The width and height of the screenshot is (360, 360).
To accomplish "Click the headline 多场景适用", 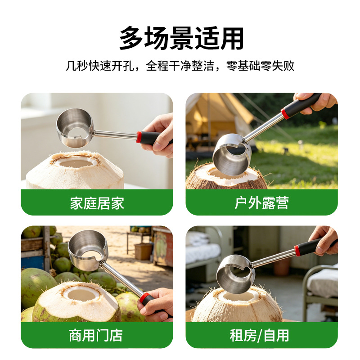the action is coord(181,38).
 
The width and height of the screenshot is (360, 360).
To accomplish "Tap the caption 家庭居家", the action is coord(97,203).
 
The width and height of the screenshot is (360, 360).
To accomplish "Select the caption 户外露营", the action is coord(261,203).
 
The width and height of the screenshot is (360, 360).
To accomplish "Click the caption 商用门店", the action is coord(96,335).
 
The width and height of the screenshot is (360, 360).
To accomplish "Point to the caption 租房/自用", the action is coord(260,335).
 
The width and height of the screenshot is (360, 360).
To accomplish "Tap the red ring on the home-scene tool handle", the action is coord(139,137).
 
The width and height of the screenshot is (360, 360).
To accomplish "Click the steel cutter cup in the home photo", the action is coord(75,128).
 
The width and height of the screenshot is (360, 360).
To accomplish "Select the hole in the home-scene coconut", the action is coord(76,163).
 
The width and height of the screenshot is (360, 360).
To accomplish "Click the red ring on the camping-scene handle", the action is coord(285,113).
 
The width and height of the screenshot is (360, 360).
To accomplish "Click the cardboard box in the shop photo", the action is coord(144,252).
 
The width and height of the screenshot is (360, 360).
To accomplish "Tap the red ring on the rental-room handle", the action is coord(297,251).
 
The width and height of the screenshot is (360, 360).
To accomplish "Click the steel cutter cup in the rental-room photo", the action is coord(235,274).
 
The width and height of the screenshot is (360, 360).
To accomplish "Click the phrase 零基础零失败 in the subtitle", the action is coord(260,66).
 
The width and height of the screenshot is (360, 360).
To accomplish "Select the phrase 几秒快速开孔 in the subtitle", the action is coord(100,66).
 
